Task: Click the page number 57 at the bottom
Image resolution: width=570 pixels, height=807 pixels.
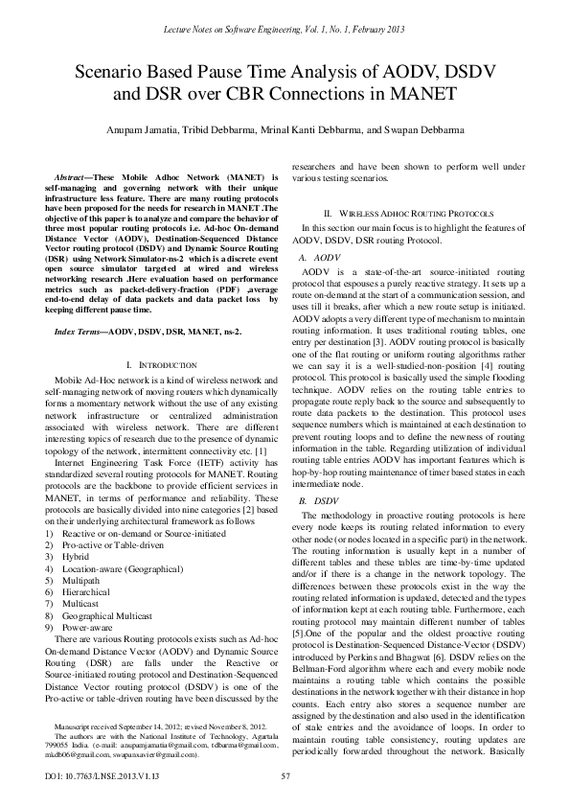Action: tap(285, 775)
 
